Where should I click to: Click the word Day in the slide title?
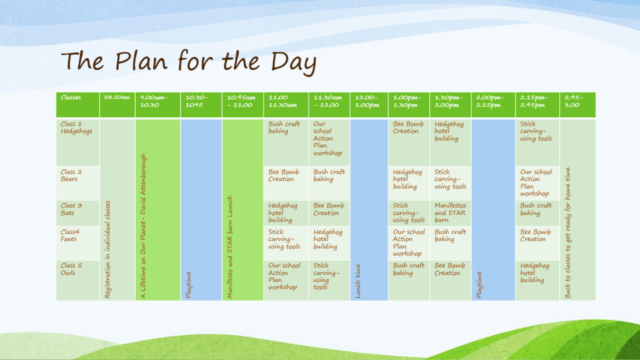[294, 62]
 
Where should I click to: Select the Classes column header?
[71, 97]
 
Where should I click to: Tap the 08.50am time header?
[117, 97]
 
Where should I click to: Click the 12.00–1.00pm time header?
[367, 101]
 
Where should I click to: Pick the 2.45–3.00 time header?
[574, 101]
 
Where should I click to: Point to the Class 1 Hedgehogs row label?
[76, 127]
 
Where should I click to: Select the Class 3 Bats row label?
[71, 209]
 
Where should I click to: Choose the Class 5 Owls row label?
[71, 269]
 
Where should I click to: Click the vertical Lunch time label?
[358, 281]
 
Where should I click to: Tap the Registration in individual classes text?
[107, 249]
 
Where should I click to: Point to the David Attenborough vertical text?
[143, 226]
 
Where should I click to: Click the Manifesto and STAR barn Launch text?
[230, 247]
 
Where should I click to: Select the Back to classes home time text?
[567, 232]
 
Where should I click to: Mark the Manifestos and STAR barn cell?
[450, 212]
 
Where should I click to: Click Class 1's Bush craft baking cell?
[284, 127]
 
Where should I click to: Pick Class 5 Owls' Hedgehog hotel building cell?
[534, 272]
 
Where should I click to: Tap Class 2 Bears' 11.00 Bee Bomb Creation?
[284, 176]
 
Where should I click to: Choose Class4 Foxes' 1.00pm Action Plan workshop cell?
[409, 242]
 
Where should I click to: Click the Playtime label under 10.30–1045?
[188, 285]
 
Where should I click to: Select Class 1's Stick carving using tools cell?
[536, 131]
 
